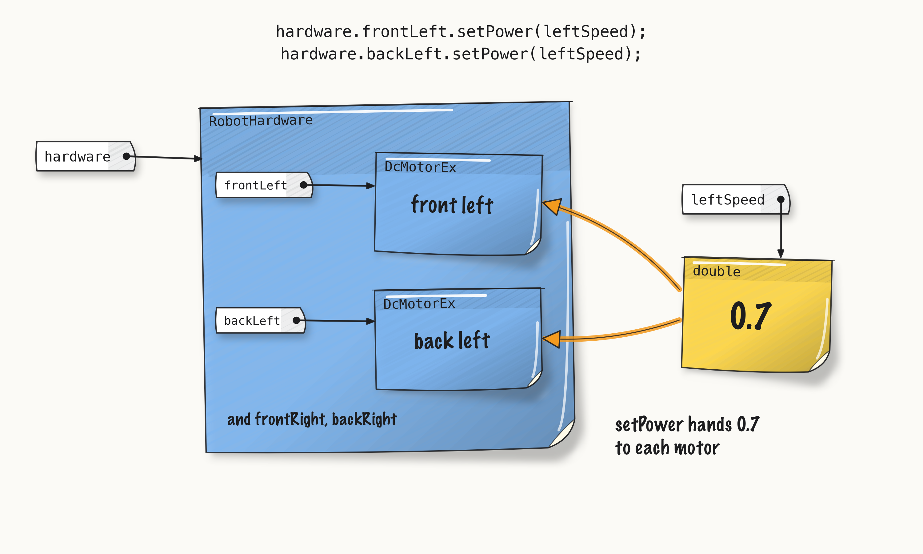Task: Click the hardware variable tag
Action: click(86, 156)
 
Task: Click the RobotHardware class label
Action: click(261, 121)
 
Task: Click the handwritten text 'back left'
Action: click(452, 340)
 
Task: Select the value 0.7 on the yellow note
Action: click(750, 316)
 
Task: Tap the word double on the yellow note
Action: click(716, 271)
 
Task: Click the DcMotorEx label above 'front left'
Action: click(420, 167)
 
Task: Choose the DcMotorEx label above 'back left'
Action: click(419, 304)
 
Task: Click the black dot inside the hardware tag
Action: click(126, 156)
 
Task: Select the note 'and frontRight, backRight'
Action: click(312, 419)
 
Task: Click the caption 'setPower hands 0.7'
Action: click(687, 424)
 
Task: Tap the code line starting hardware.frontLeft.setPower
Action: click(461, 31)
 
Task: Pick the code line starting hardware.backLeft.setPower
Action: click(461, 54)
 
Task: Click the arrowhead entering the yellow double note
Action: click(781, 254)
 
